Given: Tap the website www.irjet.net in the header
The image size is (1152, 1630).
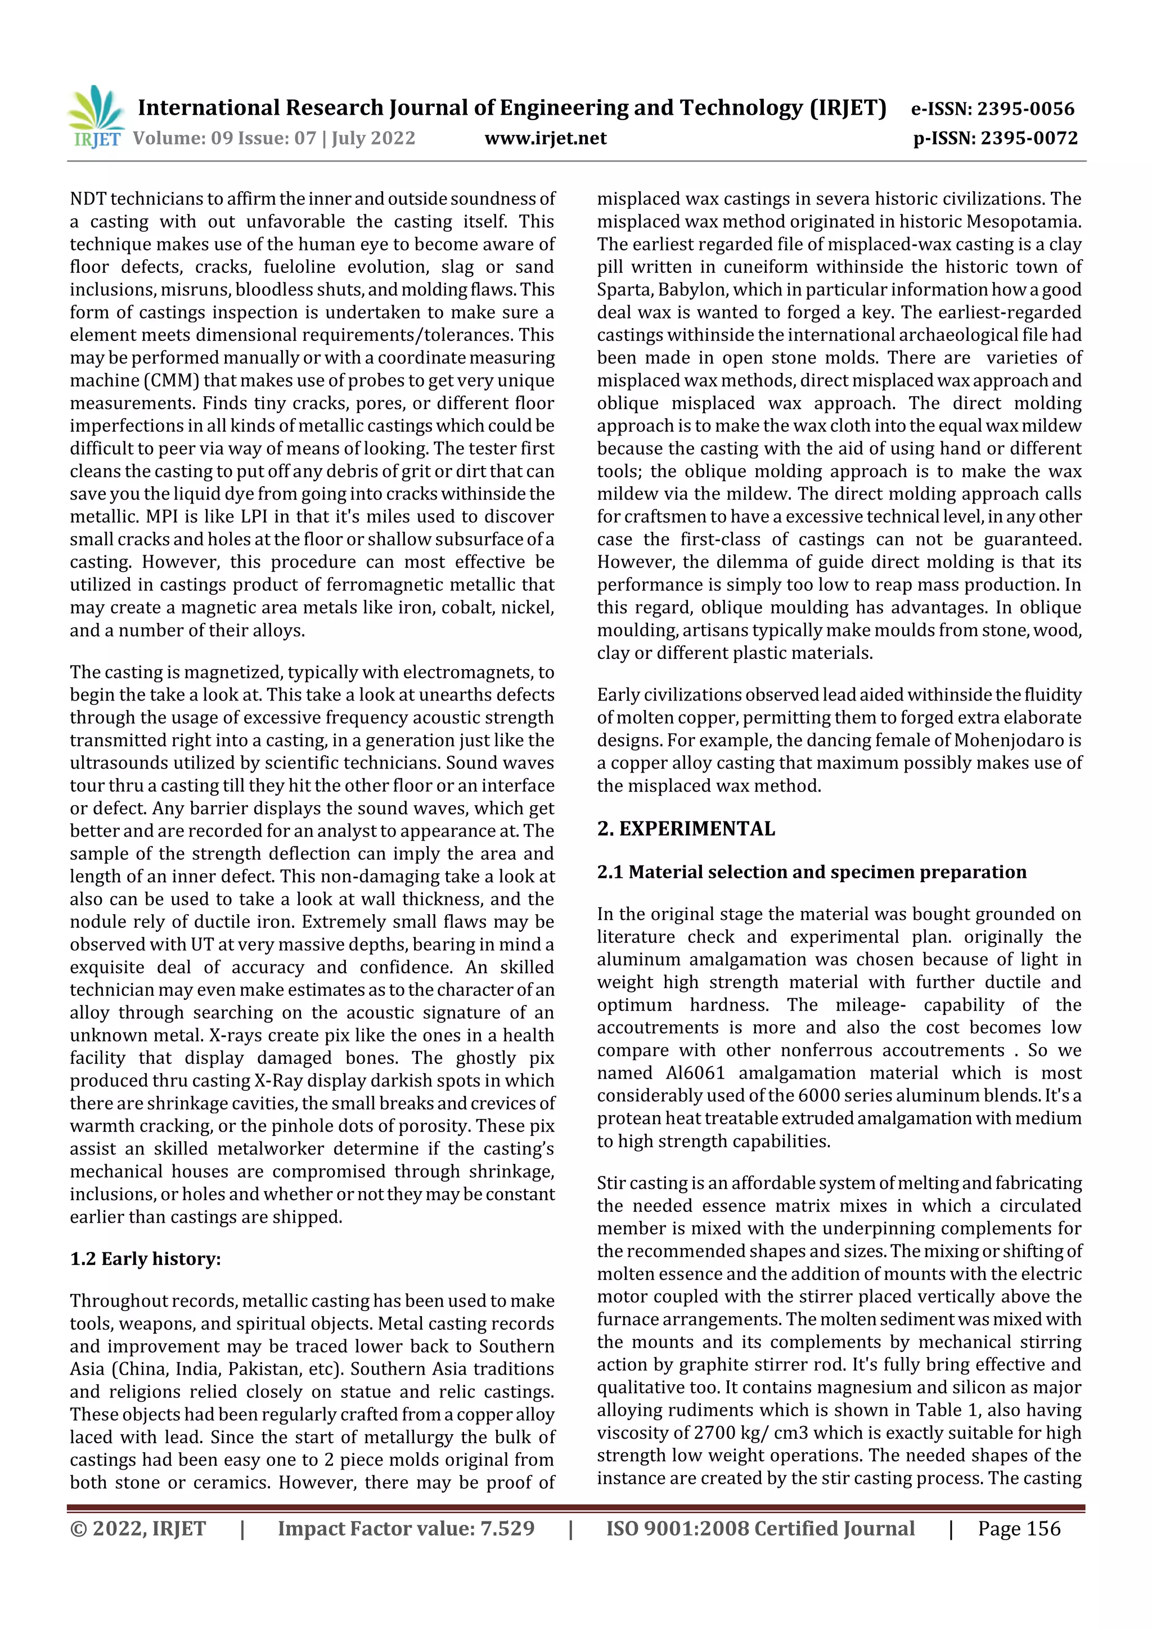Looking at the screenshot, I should point(545,138).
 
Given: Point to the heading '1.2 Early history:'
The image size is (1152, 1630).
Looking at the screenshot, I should point(146,1259).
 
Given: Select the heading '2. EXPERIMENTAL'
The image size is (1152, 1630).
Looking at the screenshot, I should point(686,828).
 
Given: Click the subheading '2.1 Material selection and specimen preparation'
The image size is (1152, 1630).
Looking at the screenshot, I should point(811,872).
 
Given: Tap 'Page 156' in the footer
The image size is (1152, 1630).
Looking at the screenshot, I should point(1019,1529).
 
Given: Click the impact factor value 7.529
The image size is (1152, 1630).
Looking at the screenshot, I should point(507,1529).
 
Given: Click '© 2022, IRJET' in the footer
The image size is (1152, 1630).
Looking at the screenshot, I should point(138,1529).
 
